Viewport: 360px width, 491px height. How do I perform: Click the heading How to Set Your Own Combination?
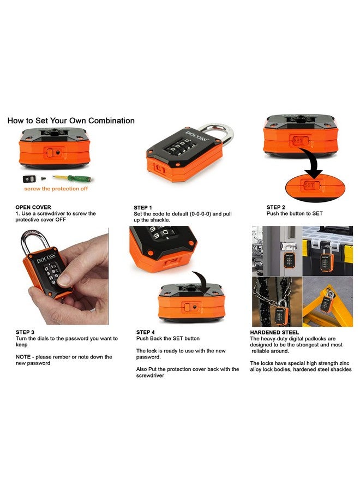(71, 121)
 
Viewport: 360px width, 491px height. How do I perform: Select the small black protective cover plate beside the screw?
(28, 178)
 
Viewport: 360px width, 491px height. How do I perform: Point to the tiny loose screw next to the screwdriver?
(44, 178)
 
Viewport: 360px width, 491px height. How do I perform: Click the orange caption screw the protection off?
(55, 189)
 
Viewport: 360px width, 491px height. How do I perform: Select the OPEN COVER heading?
(34, 207)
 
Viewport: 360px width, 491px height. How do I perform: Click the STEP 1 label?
(143, 207)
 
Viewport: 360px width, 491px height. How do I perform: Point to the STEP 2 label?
(276, 207)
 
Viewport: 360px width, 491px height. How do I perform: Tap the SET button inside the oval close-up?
(310, 186)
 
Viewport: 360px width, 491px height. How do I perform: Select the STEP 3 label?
(25, 332)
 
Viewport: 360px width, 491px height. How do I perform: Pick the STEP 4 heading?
(146, 332)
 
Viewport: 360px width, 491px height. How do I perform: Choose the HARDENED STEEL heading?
(274, 332)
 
